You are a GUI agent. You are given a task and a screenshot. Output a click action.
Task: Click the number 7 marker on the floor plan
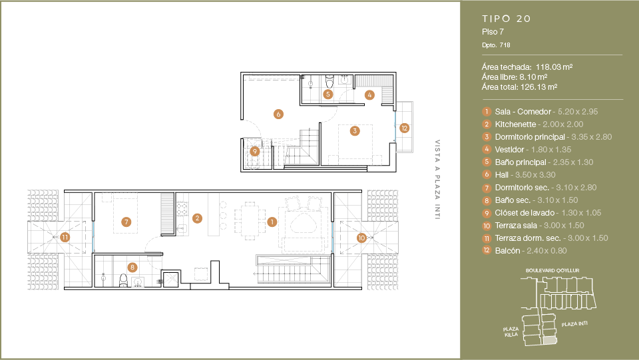click(x=126, y=222)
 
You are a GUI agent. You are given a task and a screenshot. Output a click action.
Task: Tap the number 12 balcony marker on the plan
click(x=404, y=128)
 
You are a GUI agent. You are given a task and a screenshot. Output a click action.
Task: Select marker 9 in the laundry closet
click(x=255, y=152)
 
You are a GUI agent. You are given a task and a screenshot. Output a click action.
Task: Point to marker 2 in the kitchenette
click(x=197, y=218)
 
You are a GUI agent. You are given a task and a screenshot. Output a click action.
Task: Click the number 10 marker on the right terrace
click(x=361, y=238)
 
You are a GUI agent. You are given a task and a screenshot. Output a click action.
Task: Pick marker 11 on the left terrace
click(x=65, y=237)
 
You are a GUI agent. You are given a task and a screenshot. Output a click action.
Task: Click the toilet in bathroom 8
click(x=123, y=280)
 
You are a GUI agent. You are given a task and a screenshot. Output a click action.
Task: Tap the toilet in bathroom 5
click(x=329, y=81)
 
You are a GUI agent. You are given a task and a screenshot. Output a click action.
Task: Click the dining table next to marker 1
click(x=250, y=219)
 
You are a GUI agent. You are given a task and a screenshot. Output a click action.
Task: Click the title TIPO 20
click(x=506, y=19)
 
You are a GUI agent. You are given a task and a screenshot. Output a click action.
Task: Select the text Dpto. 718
click(x=496, y=45)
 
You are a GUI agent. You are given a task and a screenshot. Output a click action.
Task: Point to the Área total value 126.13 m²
click(x=538, y=87)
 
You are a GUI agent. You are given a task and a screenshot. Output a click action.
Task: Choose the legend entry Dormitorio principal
click(x=530, y=137)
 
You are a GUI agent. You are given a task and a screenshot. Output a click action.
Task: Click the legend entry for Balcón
click(x=507, y=250)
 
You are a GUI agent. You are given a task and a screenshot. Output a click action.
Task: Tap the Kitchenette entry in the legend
click(x=515, y=124)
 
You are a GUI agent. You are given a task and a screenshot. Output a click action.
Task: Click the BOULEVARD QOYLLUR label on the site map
click(x=552, y=270)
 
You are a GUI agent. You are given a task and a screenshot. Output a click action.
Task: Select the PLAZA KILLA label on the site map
click(x=511, y=331)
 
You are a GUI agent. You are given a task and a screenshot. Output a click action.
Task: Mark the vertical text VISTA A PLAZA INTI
click(x=437, y=180)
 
